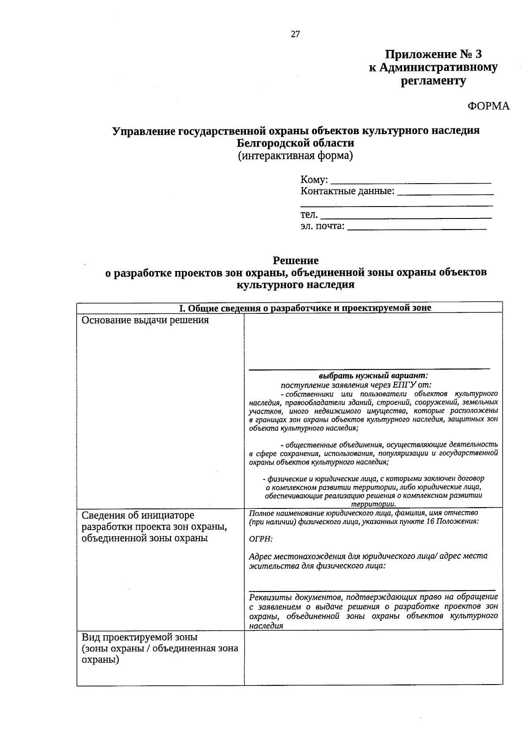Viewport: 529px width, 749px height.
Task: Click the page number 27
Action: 295,34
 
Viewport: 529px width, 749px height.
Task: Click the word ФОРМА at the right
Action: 488,106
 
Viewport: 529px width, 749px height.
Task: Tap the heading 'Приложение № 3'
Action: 433,54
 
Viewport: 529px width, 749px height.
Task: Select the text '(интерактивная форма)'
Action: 295,156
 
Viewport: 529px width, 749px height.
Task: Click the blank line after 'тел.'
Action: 406,217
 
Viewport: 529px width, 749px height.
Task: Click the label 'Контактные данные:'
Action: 347,192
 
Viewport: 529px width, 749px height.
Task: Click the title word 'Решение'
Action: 295,260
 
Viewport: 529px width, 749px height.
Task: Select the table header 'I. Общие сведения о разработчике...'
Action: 305,308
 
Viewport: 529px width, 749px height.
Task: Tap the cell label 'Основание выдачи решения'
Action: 145,320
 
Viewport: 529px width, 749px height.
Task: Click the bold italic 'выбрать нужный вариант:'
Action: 373,376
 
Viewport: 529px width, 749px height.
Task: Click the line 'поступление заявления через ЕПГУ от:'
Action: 353,385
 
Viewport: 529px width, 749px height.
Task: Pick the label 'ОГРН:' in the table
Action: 261,539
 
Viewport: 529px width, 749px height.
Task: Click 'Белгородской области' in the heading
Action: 295,143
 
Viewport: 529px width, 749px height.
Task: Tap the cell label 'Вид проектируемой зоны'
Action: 140,637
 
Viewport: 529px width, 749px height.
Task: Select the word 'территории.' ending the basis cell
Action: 373,504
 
